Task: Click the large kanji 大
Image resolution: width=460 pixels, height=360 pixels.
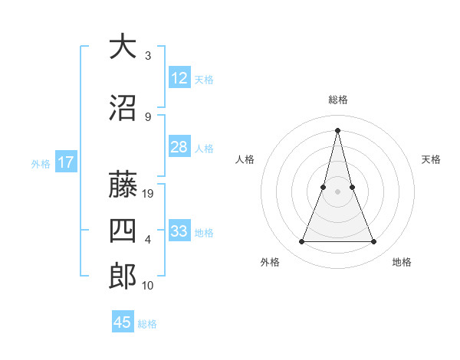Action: click(122, 47)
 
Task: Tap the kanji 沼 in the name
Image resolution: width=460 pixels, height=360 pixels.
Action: click(122, 108)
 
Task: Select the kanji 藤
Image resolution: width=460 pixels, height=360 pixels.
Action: click(122, 185)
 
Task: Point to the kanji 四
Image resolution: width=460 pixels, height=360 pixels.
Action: click(122, 231)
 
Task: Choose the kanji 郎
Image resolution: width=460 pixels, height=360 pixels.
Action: click(122, 277)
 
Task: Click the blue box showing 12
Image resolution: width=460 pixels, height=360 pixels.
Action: click(179, 78)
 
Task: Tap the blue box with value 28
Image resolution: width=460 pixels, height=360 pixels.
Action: click(179, 147)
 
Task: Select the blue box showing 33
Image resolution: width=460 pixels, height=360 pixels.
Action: click(179, 231)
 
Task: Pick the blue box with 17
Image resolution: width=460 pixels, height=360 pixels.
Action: click(65, 162)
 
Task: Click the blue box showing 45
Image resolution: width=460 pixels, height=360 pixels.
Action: click(123, 322)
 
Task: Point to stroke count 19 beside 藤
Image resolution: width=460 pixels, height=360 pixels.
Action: click(149, 194)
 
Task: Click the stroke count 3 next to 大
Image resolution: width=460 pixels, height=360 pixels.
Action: click(148, 56)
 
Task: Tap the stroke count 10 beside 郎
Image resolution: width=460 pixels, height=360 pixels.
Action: click(148, 286)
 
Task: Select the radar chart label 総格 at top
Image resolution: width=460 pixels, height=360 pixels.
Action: click(337, 100)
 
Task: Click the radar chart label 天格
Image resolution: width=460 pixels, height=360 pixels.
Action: click(432, 159)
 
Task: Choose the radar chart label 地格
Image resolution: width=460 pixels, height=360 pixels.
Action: click(402, 262)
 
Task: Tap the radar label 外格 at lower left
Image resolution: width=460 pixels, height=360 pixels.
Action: click(270, 262)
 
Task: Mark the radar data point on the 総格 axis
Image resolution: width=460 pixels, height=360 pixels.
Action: click(337, 129)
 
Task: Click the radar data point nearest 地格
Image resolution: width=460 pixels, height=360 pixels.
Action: click(373, 242)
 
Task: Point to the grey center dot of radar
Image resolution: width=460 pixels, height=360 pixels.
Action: click(337, 192)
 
